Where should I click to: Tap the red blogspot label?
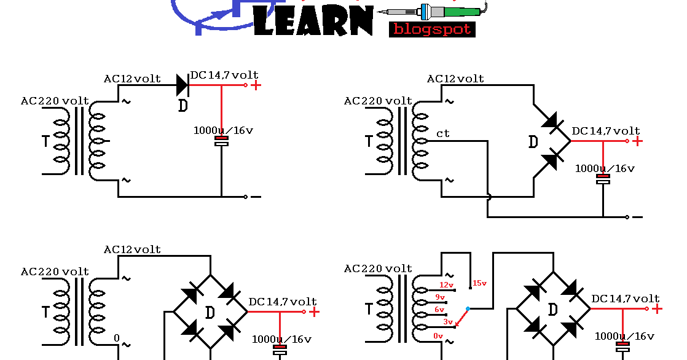pos(432,29)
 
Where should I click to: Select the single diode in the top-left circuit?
pos(183,85)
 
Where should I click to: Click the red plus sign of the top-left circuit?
pos(256,85)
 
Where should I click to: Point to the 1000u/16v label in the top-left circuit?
pos(223,130)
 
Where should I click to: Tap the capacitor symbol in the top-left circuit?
pos(221,141)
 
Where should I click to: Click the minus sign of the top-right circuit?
pos(637,217)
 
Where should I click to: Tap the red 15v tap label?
pos(479,283)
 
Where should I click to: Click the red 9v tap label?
pos(440,297)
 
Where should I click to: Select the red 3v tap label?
pos(448,321)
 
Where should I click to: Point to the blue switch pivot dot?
pos(468,308)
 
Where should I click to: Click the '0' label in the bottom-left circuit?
pos(116,338)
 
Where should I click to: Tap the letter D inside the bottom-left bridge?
pos(210,312)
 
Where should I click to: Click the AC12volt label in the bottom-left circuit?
pos(132,249)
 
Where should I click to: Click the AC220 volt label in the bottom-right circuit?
pos(378,268)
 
